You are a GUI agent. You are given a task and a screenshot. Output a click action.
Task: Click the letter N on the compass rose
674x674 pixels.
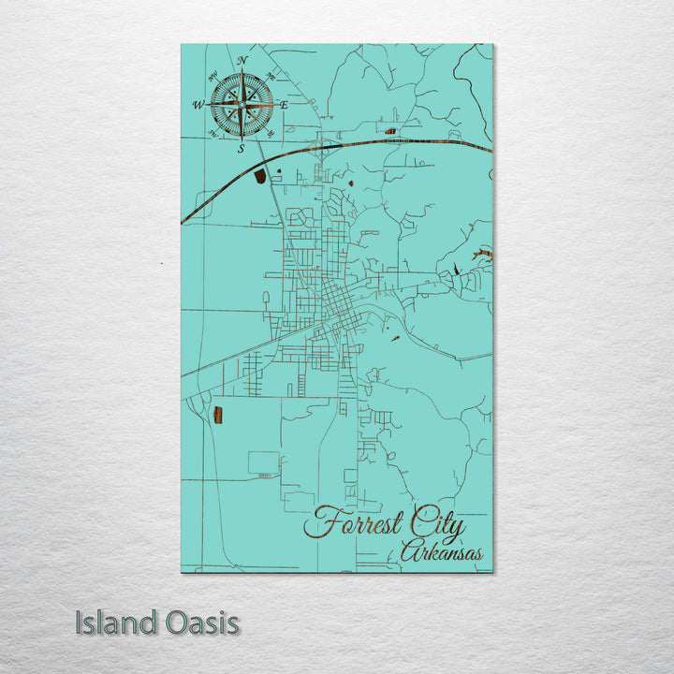tap(242, 61)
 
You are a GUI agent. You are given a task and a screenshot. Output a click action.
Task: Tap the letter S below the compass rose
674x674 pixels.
tap(241, 148)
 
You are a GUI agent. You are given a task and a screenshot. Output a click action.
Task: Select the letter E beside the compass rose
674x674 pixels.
tap(284, 105)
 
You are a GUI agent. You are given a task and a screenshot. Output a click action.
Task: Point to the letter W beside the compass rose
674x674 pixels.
tap(198, 105)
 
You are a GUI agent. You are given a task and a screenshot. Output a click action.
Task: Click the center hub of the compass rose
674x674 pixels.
tap(242, 105)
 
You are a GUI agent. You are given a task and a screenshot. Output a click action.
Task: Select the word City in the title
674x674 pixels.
tap(436, 526)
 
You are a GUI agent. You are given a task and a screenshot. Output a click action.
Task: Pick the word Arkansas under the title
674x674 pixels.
tap(442, 552)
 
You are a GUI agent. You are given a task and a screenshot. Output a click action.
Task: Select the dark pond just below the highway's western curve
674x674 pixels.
tap(260, 175)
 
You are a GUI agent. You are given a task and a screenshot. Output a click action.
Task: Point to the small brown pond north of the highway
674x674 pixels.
tap(390, 131)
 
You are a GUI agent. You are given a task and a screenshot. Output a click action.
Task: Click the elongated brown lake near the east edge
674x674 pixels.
tap(482, 254)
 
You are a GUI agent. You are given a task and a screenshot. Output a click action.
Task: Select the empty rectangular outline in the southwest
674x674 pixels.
tap(263, 462)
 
